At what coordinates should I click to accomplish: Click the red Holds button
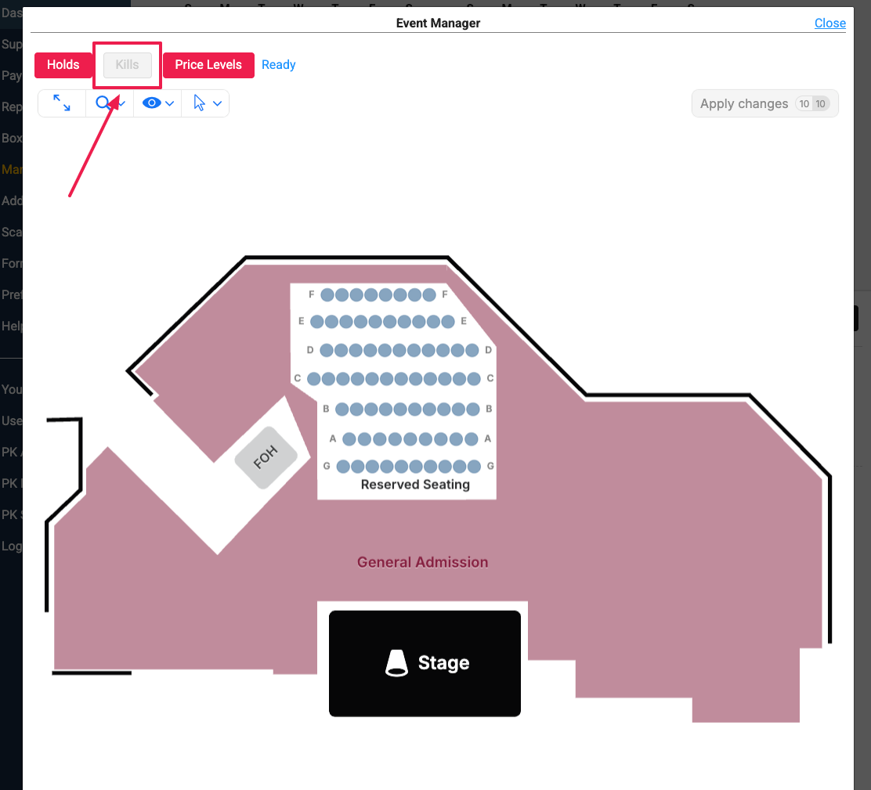click(63, 65)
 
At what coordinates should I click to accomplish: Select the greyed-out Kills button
click(127, 65)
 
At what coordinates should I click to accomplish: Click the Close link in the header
click(829, 23)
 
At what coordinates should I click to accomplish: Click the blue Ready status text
click(278, 65)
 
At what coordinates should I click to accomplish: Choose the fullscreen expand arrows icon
click(62, 103)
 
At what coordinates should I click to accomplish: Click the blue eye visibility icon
click(152, 103)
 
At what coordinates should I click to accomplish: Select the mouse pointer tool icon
click(200, 103)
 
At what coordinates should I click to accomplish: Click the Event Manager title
click(438, 23)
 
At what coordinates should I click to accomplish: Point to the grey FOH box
click(266, 458)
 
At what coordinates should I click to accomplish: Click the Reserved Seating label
click(415, 485)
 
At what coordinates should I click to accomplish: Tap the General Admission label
click(422, 562)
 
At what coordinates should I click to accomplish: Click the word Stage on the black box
click(443, 663)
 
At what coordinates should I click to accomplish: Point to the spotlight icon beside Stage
click(397, 663)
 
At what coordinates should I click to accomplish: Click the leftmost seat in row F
click(327, 295)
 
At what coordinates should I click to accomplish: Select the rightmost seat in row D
click(472, 350)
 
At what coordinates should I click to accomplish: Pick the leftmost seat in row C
click(314, 379)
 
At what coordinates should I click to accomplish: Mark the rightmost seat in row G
click(473, 467)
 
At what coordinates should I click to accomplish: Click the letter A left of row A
click(333, 438)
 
